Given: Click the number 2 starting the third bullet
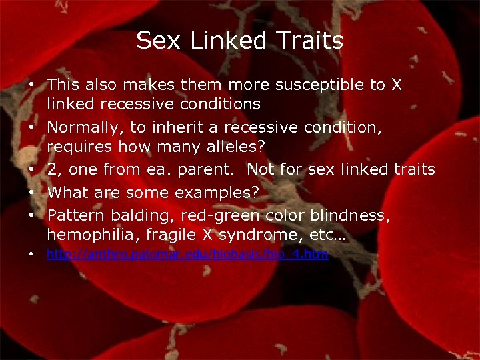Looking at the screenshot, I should pyautogui.click(x=51, y=169).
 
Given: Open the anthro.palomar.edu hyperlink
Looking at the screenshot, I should pyautogui.click(x=187, y=254).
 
